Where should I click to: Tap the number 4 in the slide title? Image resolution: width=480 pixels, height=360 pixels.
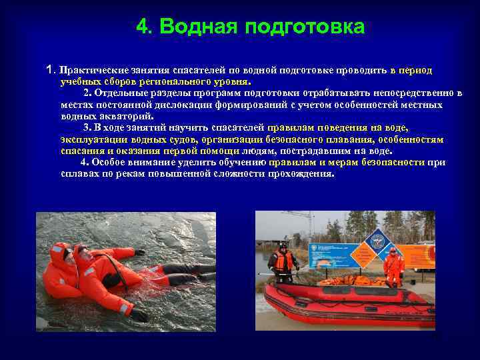pos(143,27)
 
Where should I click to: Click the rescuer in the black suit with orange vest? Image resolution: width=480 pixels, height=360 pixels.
pos(283,264)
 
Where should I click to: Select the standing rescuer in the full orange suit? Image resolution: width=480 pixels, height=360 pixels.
pos(393,266)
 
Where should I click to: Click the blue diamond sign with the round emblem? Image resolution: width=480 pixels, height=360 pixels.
pos(377,237)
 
